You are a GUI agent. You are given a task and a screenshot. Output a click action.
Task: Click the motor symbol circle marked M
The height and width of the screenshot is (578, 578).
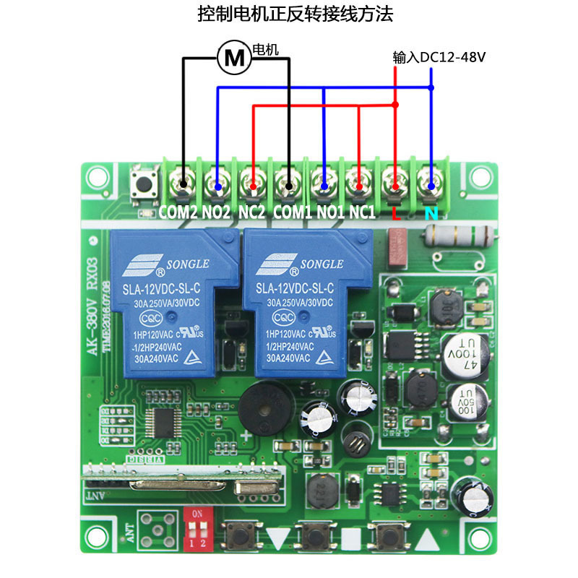tap(233, 57)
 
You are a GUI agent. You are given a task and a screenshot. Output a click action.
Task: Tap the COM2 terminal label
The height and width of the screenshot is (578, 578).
tap(178, 213)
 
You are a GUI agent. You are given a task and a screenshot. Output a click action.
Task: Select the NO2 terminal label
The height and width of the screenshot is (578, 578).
tap(217, 213)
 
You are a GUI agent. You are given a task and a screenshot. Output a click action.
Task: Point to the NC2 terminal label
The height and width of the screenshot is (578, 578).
tap(252, 213)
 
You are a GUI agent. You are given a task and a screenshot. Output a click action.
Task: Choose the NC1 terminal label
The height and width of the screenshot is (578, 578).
tap(362, 213)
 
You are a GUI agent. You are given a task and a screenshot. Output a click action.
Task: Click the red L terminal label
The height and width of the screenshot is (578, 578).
tap(394, 214)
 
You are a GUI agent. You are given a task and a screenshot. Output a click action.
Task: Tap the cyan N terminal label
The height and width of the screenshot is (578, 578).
tap(431, 214)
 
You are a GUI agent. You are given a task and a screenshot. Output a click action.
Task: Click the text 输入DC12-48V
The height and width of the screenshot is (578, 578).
tap(438, 57)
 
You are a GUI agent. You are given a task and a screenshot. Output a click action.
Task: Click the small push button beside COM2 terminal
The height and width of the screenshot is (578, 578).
tap(143, 186)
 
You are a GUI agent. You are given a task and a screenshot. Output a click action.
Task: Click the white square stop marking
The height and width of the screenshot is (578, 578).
tap(351, 538)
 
